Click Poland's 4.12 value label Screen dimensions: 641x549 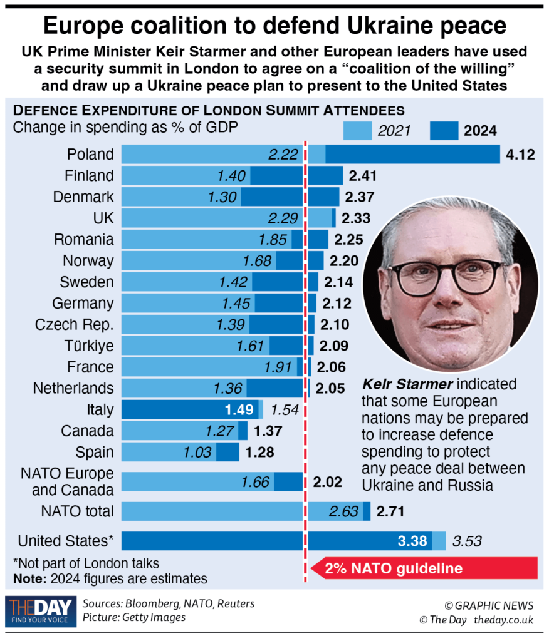[x=520, y=154]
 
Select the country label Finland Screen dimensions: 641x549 [x=89, y=175]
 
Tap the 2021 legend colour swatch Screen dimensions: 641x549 [x=358, y=131]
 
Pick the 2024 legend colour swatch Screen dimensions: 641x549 [x=443, y=131]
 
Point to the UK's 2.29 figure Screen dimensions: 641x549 [x=281, y=218]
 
